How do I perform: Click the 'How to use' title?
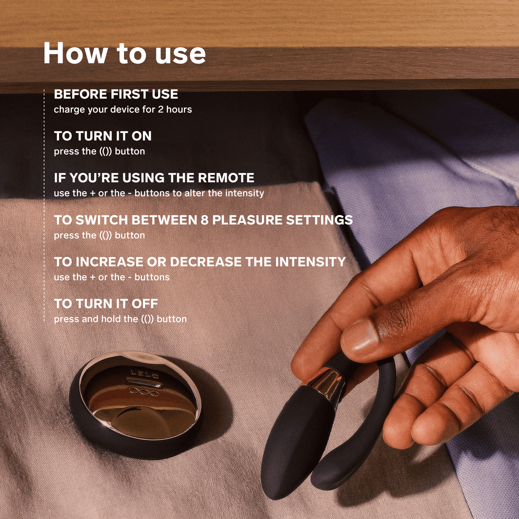(x=125, y=54)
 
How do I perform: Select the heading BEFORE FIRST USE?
(x=116, y=94)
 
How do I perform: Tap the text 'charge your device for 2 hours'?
(x=123, y=110)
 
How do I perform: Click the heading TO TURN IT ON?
(x=103, y=136)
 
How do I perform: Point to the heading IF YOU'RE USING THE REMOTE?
(x=154, y=178)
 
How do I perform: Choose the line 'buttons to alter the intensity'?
(x=199, y=193)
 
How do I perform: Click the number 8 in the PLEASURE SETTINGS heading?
(x=204, y=220)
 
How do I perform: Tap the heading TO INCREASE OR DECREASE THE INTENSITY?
(x=200, y=262)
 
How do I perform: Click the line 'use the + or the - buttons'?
(x=112, y=277)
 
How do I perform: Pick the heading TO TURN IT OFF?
(x=106, y=304)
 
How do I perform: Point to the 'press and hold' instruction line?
(x=120, y=319)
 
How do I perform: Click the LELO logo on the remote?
(x=145, y=375)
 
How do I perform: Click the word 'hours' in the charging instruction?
(x=179, y=109)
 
